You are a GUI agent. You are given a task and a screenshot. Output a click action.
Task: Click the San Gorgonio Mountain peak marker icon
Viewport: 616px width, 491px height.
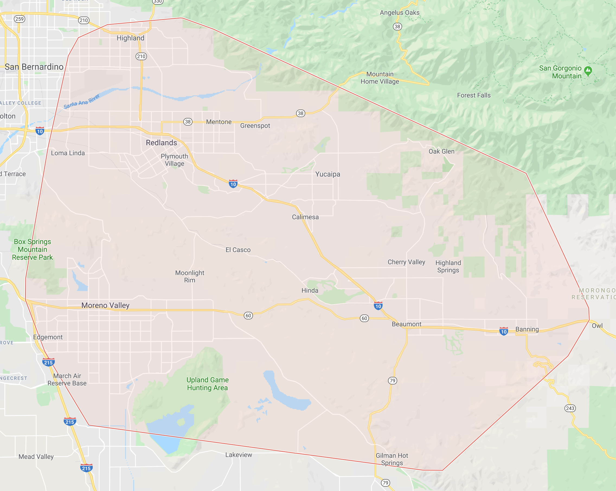[x=588, y=70]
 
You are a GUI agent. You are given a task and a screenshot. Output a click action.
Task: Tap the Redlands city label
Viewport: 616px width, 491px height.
[x=161, y=143]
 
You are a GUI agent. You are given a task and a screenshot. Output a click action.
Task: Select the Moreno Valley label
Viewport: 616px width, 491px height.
[x=105, y=305]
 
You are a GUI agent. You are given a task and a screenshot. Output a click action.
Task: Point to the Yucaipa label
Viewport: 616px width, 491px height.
[x=328, y=174]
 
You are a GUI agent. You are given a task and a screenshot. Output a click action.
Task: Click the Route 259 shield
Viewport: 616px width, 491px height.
[x=20, y=19]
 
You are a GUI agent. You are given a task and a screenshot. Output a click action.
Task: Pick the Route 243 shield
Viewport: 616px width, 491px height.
[x=570, y=408]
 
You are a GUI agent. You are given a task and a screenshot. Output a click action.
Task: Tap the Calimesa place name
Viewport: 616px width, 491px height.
[x=305, y=217]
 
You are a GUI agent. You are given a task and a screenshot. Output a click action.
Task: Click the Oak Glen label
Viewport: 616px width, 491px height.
[x=441, y=151]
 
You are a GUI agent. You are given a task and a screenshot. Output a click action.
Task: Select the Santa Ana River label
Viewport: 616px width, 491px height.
[x=82, y=101]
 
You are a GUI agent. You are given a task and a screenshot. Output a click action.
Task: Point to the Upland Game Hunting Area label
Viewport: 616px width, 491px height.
[x=207, y=384]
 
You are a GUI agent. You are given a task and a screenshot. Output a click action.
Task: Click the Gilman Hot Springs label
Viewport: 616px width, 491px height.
[x=392, y=459]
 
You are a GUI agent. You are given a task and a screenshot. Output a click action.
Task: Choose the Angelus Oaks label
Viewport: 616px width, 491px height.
[x=399, y=12]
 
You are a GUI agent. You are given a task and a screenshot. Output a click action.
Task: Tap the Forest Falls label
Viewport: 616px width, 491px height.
[x=474, y=95]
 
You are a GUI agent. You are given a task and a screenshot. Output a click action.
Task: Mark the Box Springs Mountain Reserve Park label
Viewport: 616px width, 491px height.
[x=32, y=249]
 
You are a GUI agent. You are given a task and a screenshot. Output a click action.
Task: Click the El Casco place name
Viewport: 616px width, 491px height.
[x=238, y=250]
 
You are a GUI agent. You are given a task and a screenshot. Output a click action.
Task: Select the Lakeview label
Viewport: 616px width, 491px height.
[x=239, y=455]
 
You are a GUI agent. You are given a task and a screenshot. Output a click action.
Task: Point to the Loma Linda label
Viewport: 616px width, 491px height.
[x=68, y=153]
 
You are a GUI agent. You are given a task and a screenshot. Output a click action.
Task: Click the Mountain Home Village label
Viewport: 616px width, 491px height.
[x=380, y=78]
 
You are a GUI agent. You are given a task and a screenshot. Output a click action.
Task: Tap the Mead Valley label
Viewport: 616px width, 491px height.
[x=36, y=457]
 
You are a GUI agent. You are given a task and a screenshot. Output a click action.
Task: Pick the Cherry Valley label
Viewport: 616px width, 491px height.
[x=406, y=262]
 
